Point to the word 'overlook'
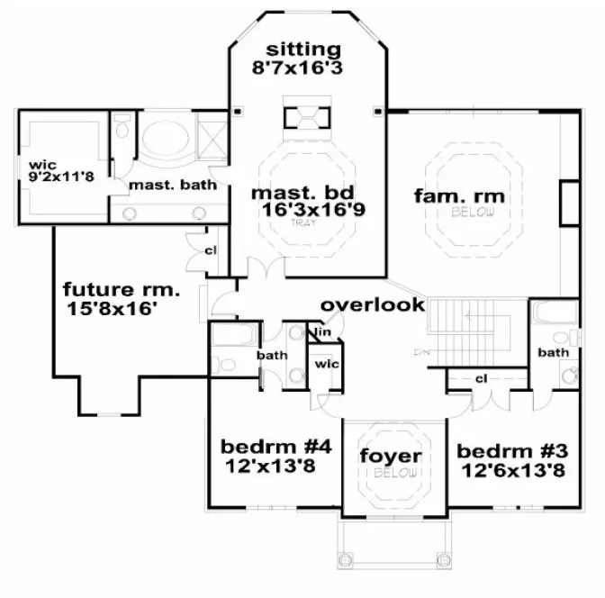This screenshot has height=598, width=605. [373, 304]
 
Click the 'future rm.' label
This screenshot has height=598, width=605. [122, 290]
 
